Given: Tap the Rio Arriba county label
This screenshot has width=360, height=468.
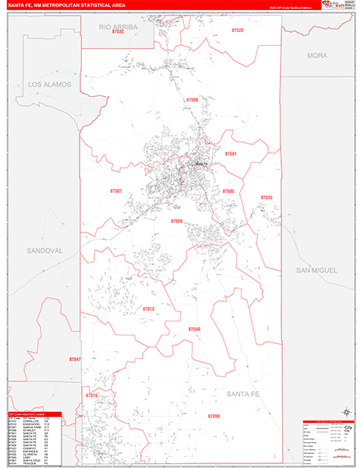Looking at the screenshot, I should click(118, 27).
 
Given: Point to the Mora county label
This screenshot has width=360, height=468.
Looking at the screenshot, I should click(317, 56).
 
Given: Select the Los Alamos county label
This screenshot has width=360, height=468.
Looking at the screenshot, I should click(49, 83).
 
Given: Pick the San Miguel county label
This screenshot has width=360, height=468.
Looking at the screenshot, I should click(316, 269).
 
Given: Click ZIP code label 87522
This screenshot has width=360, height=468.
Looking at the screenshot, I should click(237, 30).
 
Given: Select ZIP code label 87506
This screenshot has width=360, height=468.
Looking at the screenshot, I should click(192, 100).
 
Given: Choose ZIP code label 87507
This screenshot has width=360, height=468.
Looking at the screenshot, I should click(116, 190).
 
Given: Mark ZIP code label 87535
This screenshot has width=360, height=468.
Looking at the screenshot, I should click(266, 198).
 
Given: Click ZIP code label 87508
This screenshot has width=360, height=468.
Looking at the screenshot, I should click(177, 222).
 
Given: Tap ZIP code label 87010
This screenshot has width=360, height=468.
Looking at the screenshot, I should click(148, 310).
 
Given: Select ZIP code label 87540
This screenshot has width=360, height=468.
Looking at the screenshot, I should click(194, 330).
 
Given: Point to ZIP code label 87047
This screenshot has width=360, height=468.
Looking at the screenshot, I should click(74, 360).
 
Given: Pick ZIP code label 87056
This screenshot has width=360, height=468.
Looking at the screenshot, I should click(214, 417).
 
